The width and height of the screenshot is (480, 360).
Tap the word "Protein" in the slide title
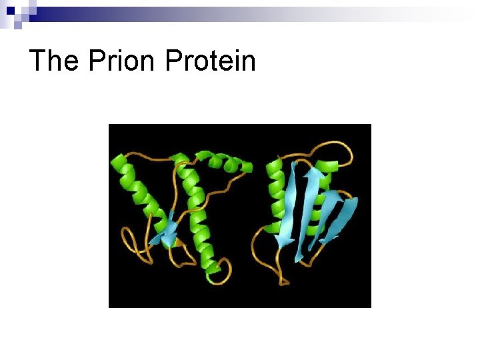click(x=210, y=61)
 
